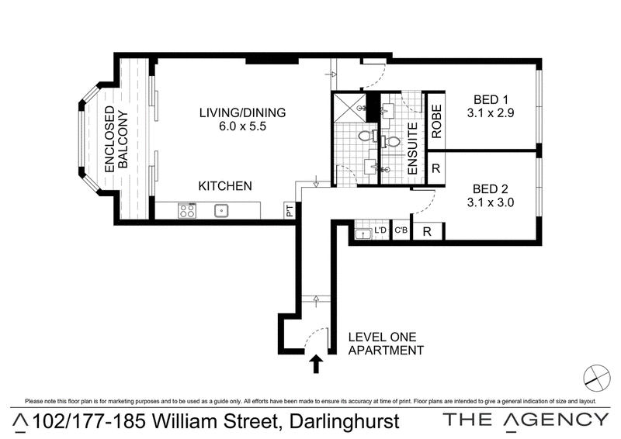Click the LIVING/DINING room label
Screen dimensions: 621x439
242,112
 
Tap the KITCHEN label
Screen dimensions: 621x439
225,186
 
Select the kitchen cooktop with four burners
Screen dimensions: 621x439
187,210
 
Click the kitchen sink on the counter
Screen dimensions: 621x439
221,211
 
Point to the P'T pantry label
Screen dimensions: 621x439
290,211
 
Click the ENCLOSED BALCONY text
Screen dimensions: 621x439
116,139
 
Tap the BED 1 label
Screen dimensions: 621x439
491,100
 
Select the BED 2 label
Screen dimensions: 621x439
491,188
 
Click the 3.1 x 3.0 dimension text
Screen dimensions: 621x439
491,202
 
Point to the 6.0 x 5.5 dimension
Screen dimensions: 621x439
242,126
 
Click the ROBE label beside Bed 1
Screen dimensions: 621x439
436,121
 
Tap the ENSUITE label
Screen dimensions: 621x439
412,148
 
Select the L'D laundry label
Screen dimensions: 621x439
380,230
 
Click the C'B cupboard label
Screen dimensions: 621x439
401,230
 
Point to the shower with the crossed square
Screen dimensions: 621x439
349,108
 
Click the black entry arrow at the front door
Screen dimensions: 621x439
316,364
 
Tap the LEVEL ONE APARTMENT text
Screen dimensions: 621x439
386,344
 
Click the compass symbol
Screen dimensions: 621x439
597,378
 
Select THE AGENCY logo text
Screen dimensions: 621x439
526,420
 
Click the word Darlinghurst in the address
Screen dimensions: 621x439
344,422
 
